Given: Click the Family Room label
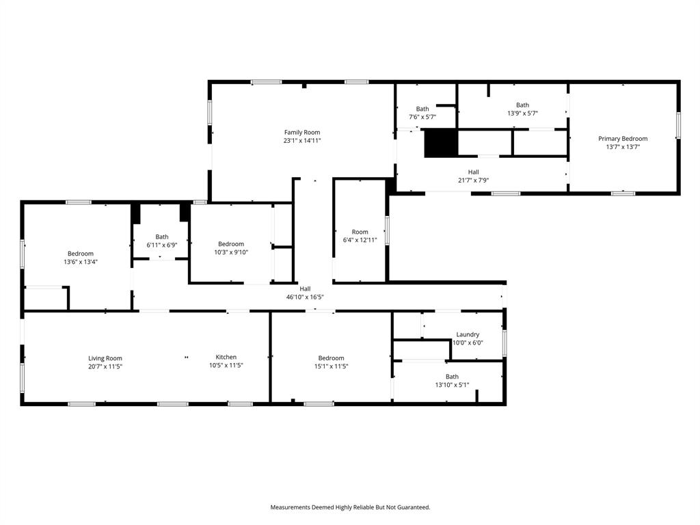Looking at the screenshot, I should coord(302,133).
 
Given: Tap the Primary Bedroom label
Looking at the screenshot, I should coord(623,139).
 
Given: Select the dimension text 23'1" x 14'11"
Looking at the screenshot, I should coord(302,141).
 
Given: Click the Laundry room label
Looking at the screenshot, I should coord(468,335).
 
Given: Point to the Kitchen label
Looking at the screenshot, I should coord(226,358).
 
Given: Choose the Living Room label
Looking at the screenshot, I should coord(105,358).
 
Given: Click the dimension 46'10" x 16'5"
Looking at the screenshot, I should coord(305,297).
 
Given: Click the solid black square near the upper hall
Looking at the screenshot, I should coord(440,143).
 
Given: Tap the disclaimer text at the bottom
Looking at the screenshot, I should coord(350,507).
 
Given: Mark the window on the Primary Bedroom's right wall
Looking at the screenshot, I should coord(678,125).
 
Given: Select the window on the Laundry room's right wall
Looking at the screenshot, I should coord(504,342).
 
